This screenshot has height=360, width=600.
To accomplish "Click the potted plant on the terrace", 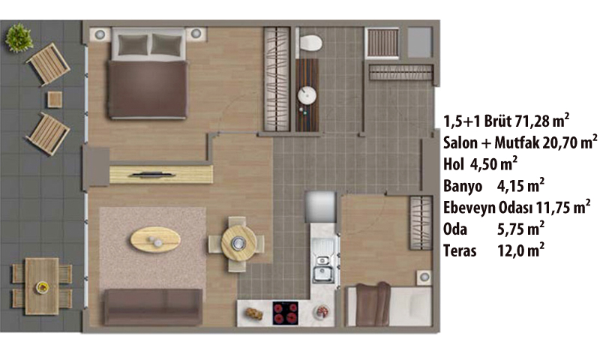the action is (x=19, y=37).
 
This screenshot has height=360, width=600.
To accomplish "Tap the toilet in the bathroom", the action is (x=310, y=43).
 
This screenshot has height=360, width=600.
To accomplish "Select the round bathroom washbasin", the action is (x=307, y=95).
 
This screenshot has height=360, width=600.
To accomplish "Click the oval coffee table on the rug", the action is (x=155, y=239).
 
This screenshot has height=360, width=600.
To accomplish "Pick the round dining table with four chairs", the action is (x=238, y=243).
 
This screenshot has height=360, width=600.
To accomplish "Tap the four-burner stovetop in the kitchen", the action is (x=286, y=313).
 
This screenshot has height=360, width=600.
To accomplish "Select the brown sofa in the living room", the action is (x=154, y=307).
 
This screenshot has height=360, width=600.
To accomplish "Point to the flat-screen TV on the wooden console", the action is (x=152, y=175).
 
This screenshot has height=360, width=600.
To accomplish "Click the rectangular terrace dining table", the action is (x=42, y=286).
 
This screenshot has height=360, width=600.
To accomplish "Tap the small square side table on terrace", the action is (x=55, y=100).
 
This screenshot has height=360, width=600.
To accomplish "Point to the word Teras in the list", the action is (x=460, y=251).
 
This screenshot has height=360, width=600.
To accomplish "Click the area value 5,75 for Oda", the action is (x=512, y=229).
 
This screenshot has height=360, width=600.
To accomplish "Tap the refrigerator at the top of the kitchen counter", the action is (x=321, y=207).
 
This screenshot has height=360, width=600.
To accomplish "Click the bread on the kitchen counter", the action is (x=254, y=313).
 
